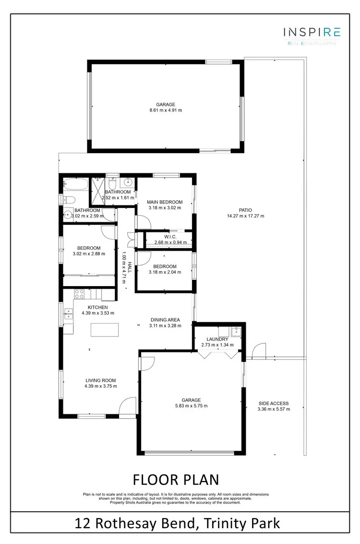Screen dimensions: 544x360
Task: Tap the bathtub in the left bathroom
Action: pos(76,184)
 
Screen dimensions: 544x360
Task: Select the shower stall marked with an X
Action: pos(98,184)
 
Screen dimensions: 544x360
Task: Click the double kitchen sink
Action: pos(68,314)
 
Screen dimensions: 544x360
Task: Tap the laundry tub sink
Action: pos(235,331)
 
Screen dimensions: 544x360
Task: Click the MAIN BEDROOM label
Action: pos(165,202)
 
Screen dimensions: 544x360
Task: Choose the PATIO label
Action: pos(245,210)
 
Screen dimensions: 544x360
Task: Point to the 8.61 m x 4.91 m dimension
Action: pos(166,110)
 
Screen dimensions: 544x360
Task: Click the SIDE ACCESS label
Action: pos(273,403)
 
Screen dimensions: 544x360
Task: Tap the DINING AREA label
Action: pos(165,319)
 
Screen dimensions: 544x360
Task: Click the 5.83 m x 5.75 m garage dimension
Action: pos(191,406)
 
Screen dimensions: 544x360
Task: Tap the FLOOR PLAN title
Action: pos(176,480)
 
